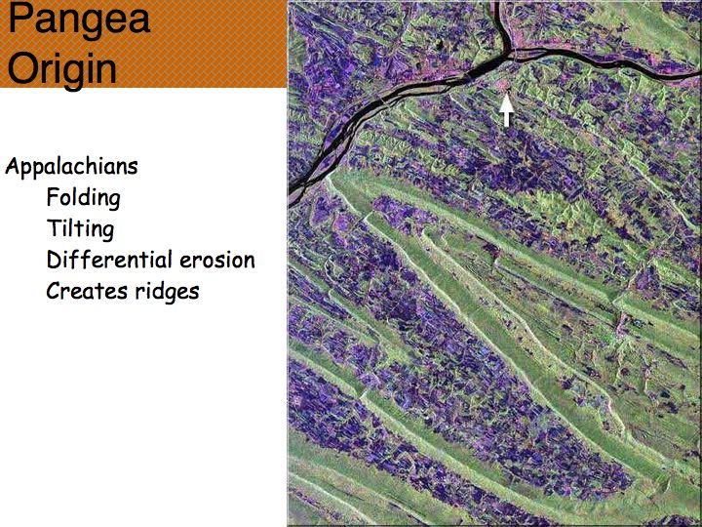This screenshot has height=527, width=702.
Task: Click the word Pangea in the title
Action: coord(79,20)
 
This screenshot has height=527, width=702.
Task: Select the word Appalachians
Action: coord(71,167)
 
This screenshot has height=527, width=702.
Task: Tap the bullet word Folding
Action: coord(83,198)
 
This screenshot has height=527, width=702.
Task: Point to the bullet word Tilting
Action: coord(80,229)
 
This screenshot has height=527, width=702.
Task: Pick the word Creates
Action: coord(81,291)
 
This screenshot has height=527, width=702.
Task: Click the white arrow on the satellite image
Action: coord(506,109)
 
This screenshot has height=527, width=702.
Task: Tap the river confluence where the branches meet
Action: coord(510,55)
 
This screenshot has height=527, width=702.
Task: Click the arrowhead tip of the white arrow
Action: coord(506,94)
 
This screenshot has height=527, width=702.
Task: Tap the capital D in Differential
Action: coord(55,260)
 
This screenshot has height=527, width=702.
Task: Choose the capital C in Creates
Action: coord(54,291)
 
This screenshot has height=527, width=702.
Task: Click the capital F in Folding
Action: coord(54,197)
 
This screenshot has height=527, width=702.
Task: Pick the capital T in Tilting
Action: coord(54,228)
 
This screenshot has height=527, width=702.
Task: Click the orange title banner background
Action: coord(214,44)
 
